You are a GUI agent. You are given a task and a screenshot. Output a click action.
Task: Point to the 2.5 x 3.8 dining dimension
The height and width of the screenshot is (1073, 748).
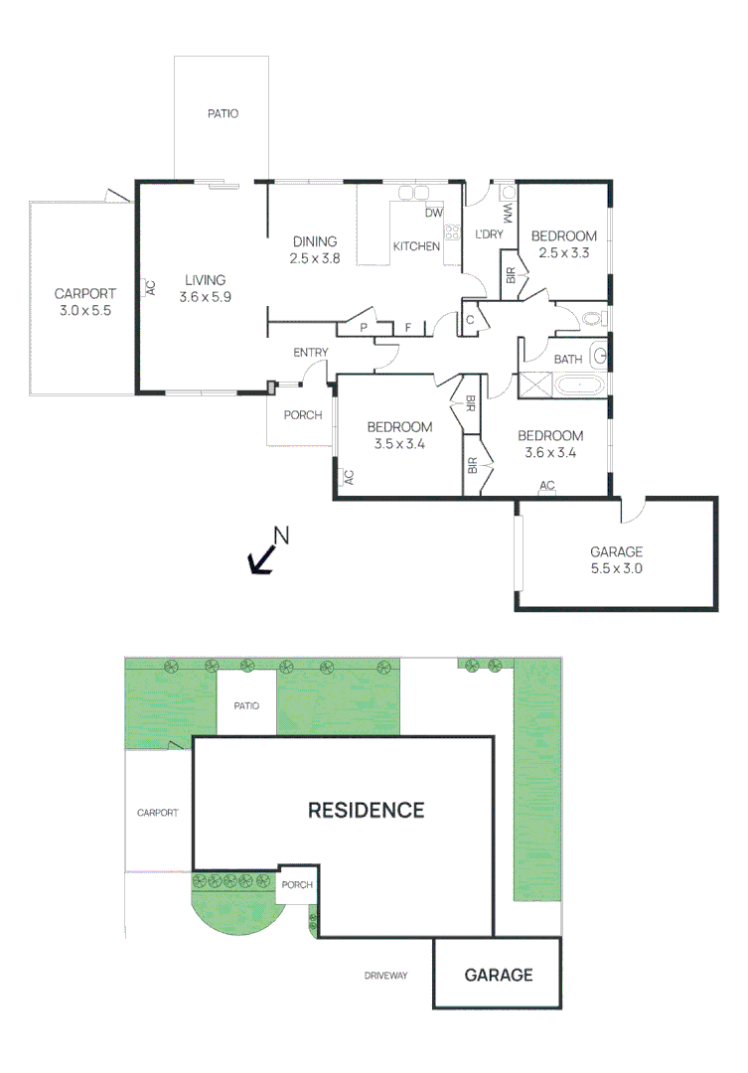click(315, 258)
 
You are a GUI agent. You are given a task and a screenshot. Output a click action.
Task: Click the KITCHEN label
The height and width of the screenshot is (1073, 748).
click(416, 245)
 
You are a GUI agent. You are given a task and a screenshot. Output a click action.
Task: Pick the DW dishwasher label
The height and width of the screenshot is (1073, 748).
click(433, 213)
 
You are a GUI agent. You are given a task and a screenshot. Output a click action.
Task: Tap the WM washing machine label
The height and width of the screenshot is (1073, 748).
click(507, 213)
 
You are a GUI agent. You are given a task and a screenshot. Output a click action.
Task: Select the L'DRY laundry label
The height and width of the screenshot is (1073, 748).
click(489, 234)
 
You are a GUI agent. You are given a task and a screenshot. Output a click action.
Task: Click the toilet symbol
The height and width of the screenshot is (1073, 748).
click(593, 319)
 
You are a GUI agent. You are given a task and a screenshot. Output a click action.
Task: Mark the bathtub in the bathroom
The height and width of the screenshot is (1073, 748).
click(581, 385)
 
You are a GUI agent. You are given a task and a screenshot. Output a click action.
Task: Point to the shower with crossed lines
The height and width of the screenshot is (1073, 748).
click(534, 384)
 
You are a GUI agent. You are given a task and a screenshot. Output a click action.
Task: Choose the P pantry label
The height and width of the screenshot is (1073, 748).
click(364, 327)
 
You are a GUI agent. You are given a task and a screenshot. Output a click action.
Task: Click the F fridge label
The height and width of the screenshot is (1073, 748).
click(407, 327)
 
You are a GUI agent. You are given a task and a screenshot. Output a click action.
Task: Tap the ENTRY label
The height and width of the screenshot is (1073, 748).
click(310, 353)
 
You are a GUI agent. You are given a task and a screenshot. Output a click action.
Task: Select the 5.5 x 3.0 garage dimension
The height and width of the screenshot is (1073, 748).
click(616, 569)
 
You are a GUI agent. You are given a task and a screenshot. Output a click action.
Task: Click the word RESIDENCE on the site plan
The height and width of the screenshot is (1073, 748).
click(366, 810)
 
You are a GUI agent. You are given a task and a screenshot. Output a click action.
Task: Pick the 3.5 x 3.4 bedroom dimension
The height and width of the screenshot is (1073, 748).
click(399, 444)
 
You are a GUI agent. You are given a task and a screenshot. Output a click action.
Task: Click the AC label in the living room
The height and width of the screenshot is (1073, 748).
click(150, 287)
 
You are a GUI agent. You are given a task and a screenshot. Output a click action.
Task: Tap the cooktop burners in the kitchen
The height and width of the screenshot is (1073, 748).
click(452, 233)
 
